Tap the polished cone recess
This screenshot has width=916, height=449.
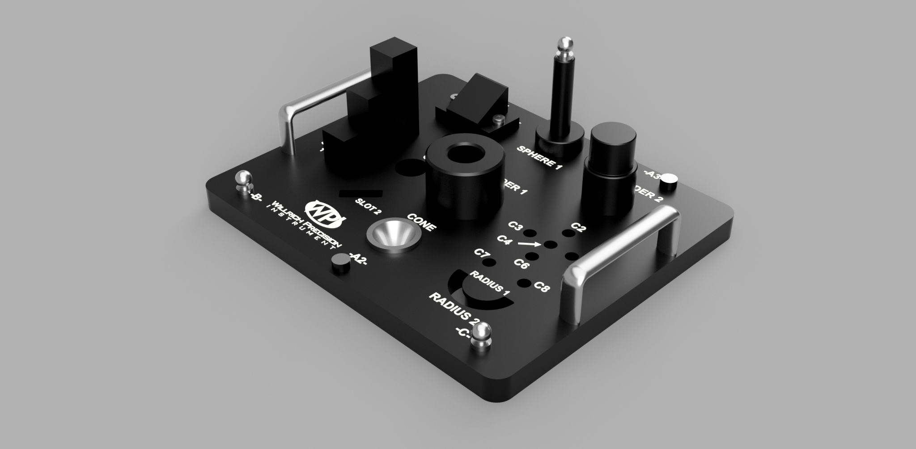[x=394, y=237]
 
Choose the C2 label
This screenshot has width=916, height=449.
[x=578, y=228]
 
